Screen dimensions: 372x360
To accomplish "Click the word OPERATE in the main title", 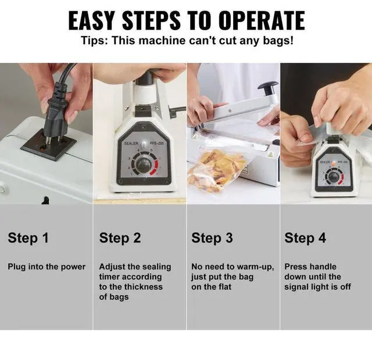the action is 262,20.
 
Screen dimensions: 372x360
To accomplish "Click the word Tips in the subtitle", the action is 94,41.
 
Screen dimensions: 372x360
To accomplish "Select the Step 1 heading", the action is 28,238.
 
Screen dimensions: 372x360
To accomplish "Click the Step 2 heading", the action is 120,238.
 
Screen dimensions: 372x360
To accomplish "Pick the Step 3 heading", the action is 212,238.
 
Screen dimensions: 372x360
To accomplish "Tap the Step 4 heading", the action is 305,238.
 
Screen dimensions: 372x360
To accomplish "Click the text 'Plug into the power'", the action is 46,267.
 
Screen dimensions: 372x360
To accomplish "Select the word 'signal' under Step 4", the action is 296,287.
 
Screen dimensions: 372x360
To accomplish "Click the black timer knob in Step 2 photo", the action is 144,164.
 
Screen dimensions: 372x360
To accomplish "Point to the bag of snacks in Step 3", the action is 217,170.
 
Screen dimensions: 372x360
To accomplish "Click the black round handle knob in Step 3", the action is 269,87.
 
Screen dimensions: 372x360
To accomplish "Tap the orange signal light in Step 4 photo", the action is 334,163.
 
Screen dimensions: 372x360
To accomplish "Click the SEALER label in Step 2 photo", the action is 131,143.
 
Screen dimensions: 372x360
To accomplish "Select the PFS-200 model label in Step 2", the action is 156,143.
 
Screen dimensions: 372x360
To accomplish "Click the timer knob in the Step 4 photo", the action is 334,177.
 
